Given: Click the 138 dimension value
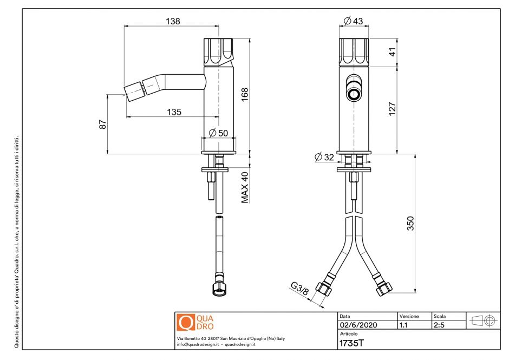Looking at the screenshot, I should [x=173, y=21].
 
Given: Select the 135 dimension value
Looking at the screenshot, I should [x=173, y=112].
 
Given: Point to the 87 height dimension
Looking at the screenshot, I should [x=102, y=125].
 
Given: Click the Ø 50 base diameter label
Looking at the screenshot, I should [x=218, y=133].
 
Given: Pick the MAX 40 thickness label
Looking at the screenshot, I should [x=245, y=187].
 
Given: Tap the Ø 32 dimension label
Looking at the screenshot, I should [x=325, y=158].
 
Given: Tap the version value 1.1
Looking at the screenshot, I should [x=404, y=325].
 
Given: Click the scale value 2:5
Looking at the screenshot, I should [x=439, y=325].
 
